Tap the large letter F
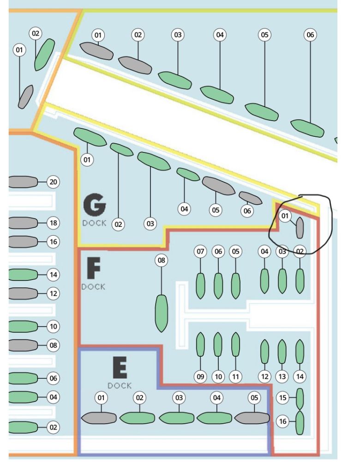tap(94, 268)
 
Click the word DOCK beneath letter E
tap(120, 385)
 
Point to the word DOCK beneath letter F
tap(93, 286)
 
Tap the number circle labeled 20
tap(54, 182)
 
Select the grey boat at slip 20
tap(23, 182)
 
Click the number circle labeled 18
tap(54, 223)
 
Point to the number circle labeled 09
tap(200, 377)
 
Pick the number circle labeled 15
tap(282, 397)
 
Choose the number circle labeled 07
tap(200, 252)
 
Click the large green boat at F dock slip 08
tap(161, 313)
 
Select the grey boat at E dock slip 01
tap(99, 418)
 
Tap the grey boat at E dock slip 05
tap(252, 418)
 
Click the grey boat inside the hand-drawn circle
tap(300, 228)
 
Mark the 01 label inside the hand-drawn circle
tap(285, 216)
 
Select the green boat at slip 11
tap(235, 344)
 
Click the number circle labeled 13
tap(282, 377)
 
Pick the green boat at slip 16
tap(300, 422)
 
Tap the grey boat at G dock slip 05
tap(219, 185)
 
